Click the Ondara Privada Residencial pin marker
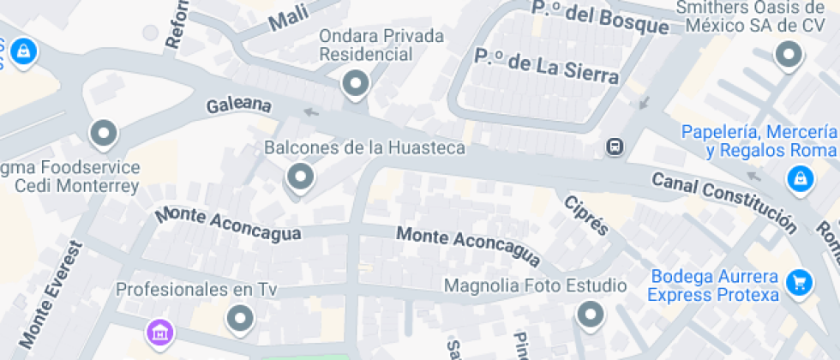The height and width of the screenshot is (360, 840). (355, 84)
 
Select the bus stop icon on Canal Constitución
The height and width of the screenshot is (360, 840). (615, 147)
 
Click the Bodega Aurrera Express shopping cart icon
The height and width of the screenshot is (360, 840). (799, 280)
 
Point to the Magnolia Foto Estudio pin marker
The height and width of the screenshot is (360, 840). (590, 315)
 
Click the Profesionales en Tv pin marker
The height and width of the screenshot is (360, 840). (240, 319)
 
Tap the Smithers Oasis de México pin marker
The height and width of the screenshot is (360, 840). (788, 56)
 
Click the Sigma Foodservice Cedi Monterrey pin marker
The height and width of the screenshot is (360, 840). (105, 133)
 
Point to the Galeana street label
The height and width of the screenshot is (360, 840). (239, 106)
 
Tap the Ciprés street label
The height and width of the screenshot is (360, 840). (586, 214)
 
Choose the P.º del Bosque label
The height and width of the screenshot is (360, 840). (599, 18)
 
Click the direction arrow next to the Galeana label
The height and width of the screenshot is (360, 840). (311, 111)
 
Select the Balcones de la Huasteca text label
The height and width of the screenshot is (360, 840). (364, 147)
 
